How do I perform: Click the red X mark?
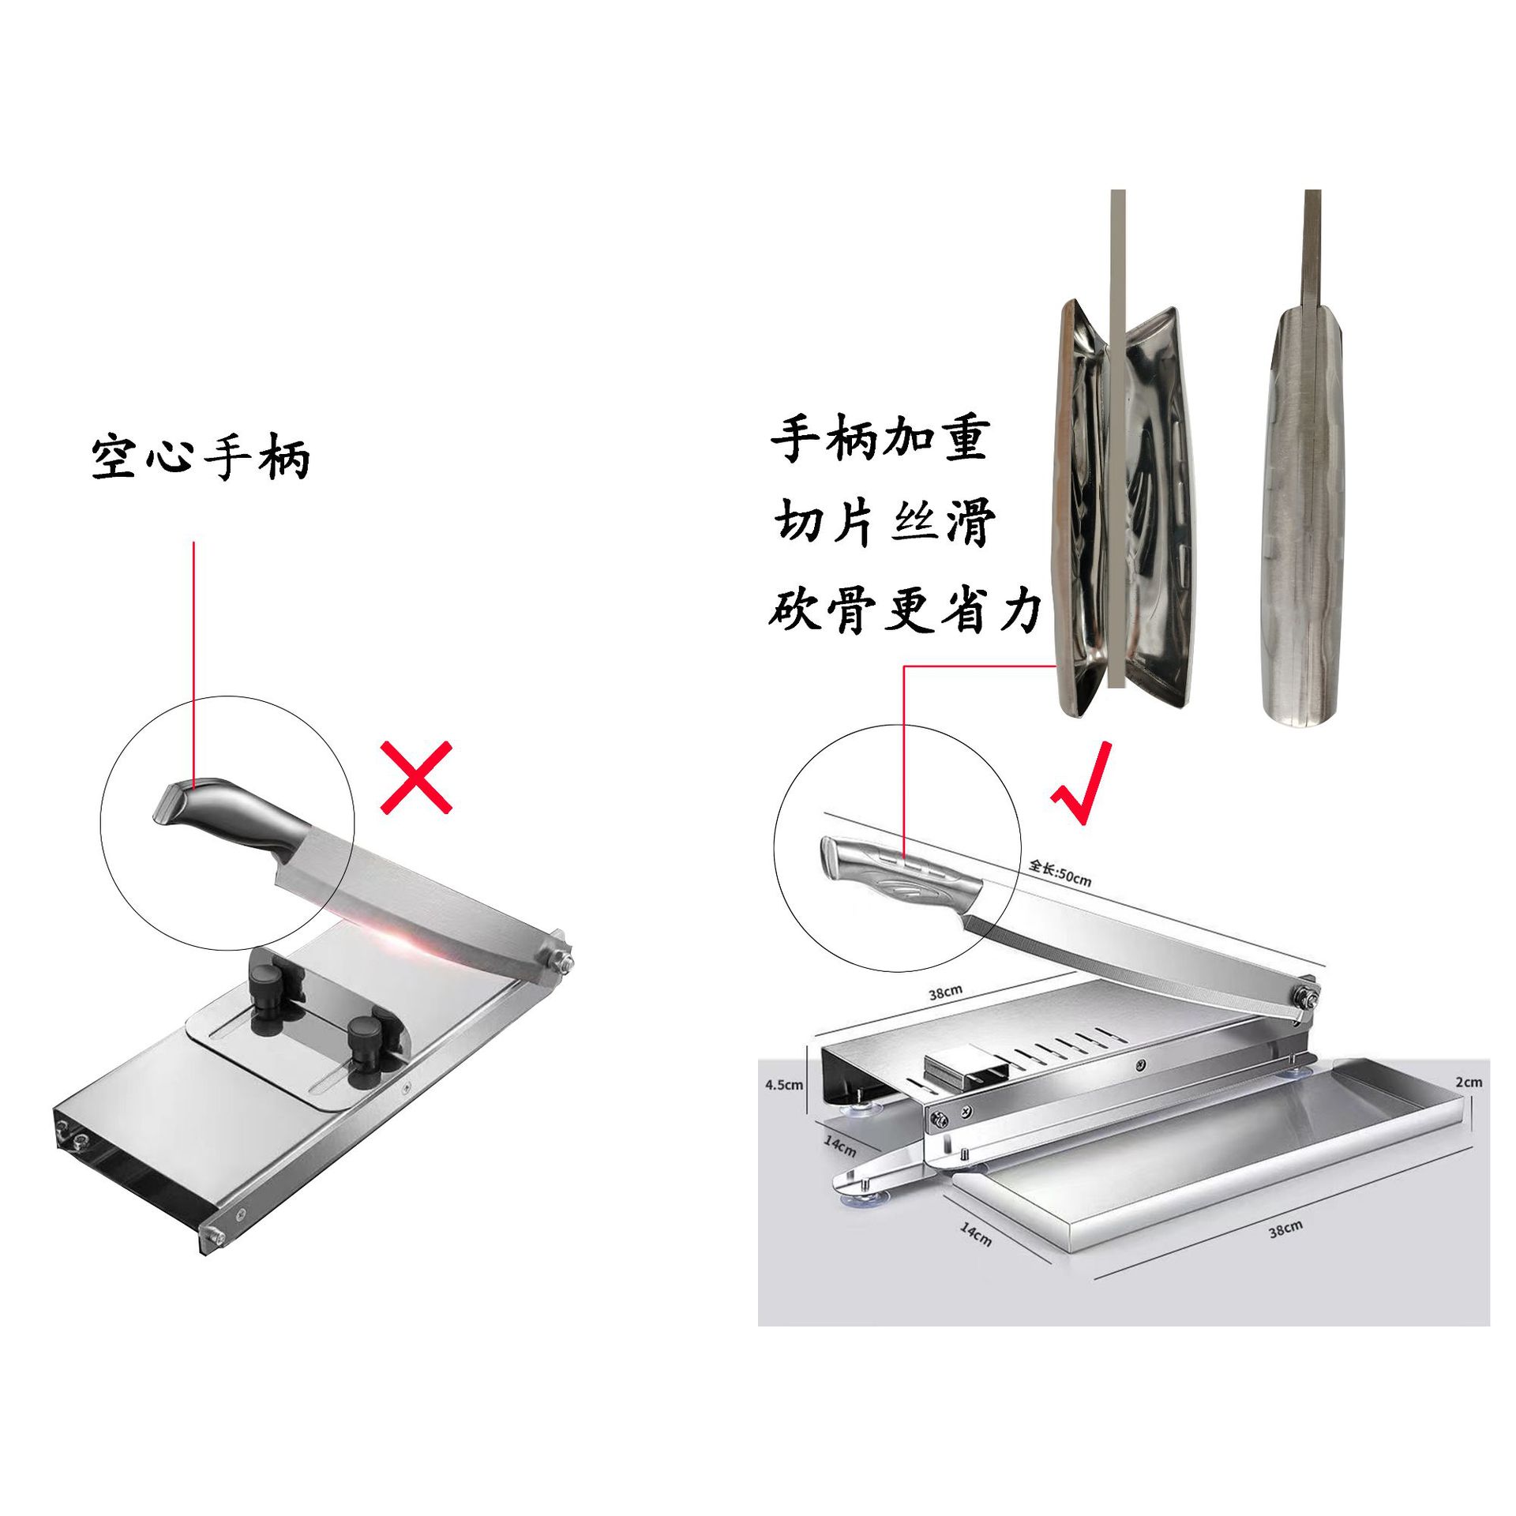pyautogui.click(x=416, y=777)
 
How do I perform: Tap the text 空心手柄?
pyautogui.click(x=201, y=457)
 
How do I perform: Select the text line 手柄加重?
pyautogui.click(x=880, y=439)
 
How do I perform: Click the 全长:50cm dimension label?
pyautogui.click(x=1060, y=873)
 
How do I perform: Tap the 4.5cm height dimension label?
pyautogui.click(x=783, y=1085)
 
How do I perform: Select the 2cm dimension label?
pyautogui.click(x=1468, y=1082)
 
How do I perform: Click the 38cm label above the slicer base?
pyautogui.click(x=945, y=993)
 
